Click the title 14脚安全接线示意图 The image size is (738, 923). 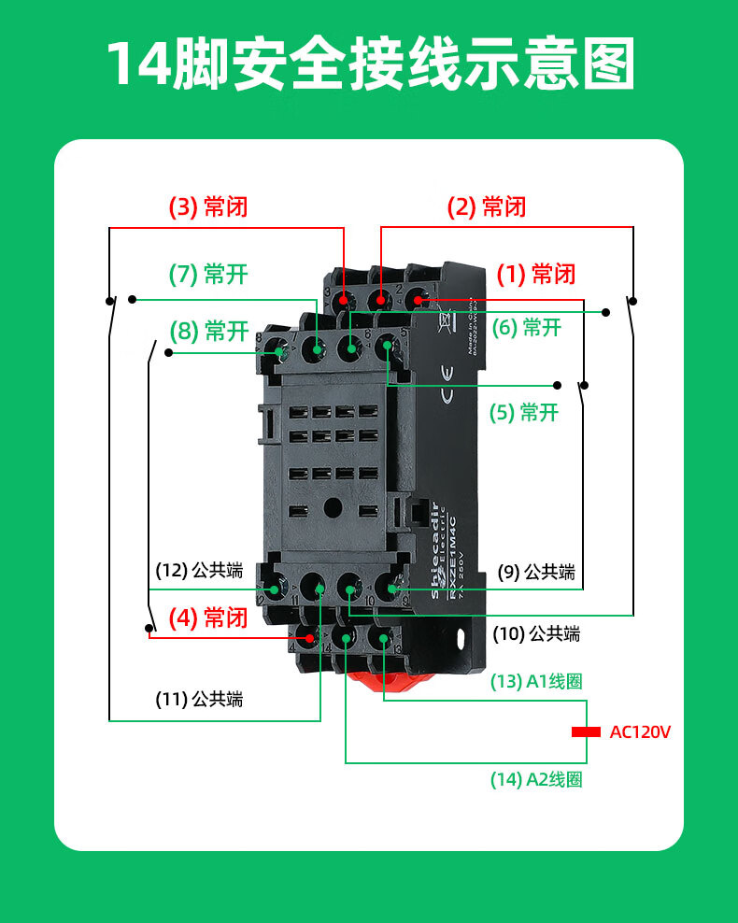[x=369, y=64]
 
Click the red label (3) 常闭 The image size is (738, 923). [x=207, y=206]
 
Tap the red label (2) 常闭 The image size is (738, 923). [x=487, y=206]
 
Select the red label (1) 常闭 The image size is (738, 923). [x=535, y=274]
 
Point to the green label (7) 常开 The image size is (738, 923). [x=208, y=275]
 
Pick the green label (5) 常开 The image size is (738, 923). [x=524, y=412]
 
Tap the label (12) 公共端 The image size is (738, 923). [x=199, y=569]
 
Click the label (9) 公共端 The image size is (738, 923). [x=535, y=572]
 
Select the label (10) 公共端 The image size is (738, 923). [x=536, y=634]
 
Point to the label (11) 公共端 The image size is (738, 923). [x=199, y=698]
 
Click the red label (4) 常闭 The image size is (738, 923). [x=207, y=618]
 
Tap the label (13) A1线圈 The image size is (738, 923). [x=536, y=682]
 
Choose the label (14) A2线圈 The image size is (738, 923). [x=536, y=779]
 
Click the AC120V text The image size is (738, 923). [x=640, y=731]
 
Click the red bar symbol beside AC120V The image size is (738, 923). [x=586, y=732]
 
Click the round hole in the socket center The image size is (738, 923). [x=332, y=509]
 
